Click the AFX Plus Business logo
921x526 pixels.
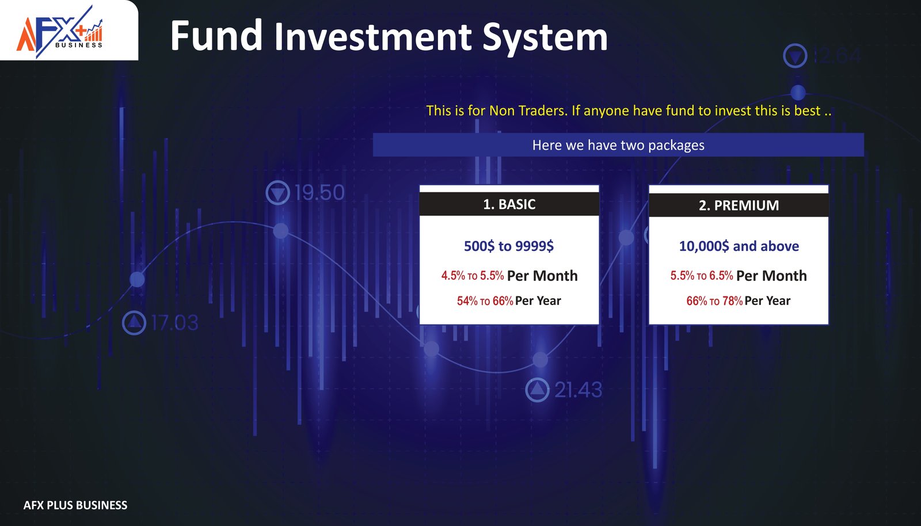[x=59, y=32]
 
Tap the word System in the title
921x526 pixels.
[x=545, y=39]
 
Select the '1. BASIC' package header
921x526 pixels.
[x=509, y=204]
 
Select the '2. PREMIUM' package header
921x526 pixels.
[x=739, y=205]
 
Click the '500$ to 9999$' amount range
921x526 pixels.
[x=509, y=246]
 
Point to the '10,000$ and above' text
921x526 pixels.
[x=739, y=246]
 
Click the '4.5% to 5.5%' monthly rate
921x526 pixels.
[x=473, y=275]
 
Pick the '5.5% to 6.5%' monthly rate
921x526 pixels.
[x=702, y=275]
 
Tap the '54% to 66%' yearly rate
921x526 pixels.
[x=485, y=301]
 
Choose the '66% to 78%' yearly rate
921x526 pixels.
[x=714, y=301]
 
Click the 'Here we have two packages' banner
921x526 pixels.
[x=618, y=144]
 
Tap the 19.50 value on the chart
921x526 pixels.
[x=319, y=192]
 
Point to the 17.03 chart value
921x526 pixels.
[x=175, y=323]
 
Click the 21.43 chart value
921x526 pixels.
[x=578, y=390]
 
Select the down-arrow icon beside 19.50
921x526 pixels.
[x=278, y=193]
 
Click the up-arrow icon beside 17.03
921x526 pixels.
[x=134, y=323]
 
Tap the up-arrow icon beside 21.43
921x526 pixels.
[x=538, y=390]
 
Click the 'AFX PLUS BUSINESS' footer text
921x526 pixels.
[x=75, y=505]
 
